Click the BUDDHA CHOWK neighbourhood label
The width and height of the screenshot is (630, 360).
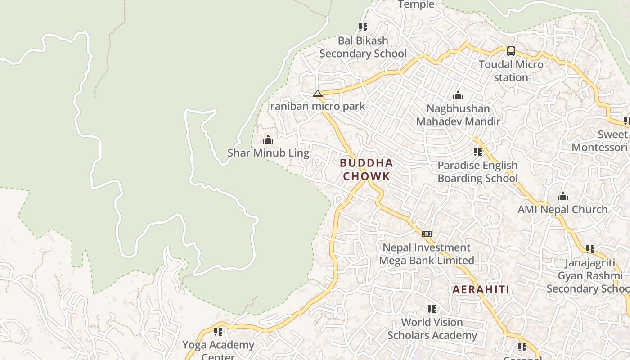366,170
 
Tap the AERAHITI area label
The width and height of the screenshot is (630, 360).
481,289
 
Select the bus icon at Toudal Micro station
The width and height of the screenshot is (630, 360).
511,51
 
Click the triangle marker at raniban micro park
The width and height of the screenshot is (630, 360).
318,94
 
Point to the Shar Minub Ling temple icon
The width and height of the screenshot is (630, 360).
268,140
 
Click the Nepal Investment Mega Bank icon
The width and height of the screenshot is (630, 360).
426,234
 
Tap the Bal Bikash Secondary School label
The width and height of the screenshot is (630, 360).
363,47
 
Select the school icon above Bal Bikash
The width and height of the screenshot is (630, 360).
363,27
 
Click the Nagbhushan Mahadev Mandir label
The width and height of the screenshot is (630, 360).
458,115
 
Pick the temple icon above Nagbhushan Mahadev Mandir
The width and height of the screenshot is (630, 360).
458,95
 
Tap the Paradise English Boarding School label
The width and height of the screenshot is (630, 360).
477,172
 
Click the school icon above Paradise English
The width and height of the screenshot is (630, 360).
477,152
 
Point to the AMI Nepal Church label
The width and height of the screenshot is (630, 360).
562,209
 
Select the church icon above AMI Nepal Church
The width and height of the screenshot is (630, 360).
562,197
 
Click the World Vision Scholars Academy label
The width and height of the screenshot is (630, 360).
432,328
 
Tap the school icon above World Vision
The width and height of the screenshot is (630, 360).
432,309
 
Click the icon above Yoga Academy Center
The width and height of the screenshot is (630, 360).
218,332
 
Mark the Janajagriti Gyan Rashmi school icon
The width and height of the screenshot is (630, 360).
590,249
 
